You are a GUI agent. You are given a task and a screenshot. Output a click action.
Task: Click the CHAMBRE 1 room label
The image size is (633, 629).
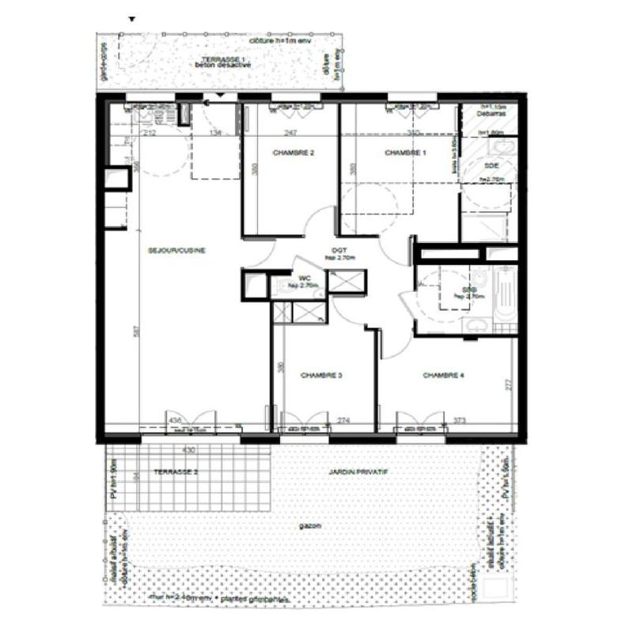401,153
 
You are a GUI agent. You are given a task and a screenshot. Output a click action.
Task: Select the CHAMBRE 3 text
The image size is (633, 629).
320,375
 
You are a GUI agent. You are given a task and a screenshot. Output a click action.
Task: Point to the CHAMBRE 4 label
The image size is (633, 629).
442,375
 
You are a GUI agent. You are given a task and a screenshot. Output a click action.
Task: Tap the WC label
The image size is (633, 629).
303,279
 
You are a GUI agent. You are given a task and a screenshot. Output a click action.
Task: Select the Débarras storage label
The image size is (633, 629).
496,113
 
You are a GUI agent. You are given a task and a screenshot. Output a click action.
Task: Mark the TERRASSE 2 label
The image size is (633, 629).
175,472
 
